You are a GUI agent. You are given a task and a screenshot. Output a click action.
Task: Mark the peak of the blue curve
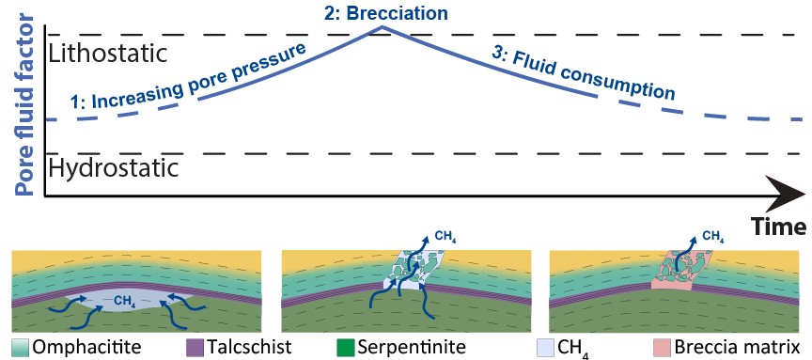pyautogui.click(x=380, y=26)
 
